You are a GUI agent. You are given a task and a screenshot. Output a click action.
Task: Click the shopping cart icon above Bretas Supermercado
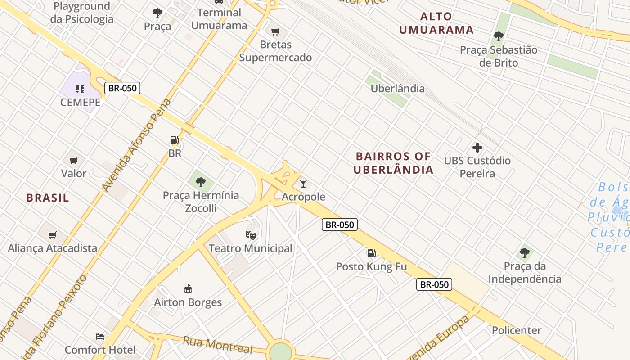(275, 31)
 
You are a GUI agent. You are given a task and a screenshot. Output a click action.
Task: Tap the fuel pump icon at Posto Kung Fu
(371, 253)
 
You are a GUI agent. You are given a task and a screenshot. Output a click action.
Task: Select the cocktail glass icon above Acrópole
(303, 183)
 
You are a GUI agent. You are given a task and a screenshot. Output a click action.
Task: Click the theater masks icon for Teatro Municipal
(250, 235)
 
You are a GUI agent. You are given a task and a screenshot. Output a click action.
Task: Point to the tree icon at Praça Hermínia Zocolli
(201, 182)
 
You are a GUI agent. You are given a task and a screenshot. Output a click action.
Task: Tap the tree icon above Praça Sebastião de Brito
(498, 36)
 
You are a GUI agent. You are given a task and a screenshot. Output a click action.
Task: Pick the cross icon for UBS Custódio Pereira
(477, 147)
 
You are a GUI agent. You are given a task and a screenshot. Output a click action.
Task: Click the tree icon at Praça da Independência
(525, 252)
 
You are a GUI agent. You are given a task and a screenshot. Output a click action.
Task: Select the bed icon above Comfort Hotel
(100, 337)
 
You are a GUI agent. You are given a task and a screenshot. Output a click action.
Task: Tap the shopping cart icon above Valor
(74, 160)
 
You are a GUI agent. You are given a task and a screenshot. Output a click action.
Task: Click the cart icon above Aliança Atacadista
(53, 235)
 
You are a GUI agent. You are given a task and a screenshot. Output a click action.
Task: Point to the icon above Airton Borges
(188, 288)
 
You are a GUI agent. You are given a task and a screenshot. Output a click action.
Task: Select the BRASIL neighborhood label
(48, 198)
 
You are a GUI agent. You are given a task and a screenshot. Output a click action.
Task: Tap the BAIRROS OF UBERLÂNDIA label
(393, 163)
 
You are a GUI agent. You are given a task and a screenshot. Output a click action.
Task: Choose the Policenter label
(517, 330)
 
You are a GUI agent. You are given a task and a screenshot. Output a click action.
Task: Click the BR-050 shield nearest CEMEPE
(122, 88)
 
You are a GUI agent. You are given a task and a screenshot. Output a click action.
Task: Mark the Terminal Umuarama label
(219, 19)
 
